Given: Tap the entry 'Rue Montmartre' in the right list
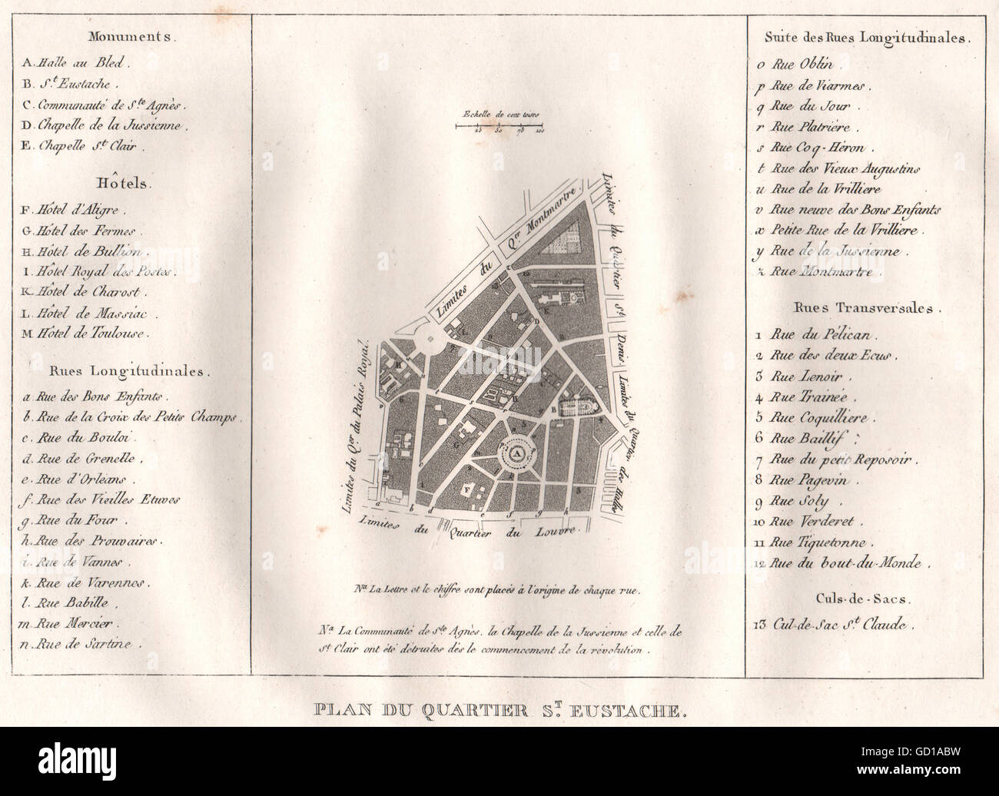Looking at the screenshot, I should click(821, 272).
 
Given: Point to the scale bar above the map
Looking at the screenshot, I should click(499, 124).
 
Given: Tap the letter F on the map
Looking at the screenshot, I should click(466, 489).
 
